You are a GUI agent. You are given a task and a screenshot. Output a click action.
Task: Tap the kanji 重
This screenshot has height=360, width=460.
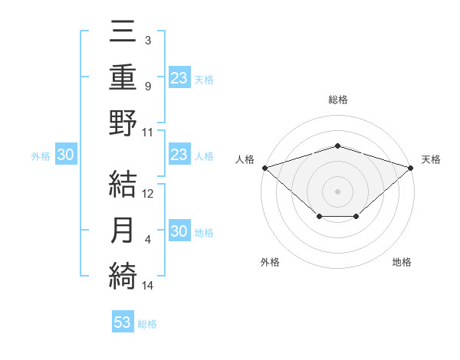tap(123, 78)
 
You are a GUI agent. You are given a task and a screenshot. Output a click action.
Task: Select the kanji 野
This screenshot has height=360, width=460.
tap(123, 123)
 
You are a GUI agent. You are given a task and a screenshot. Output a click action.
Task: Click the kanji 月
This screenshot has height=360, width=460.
tap(123, 231)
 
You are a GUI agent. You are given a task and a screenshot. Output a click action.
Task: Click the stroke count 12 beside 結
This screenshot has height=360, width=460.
tap(149, 194)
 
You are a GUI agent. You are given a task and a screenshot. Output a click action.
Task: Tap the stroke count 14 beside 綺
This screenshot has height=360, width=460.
tap(149, 286)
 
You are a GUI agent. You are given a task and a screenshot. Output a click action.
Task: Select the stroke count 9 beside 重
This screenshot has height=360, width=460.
tap(147, 87)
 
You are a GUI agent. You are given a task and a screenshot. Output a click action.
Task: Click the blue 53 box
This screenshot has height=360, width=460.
tap(122, 322)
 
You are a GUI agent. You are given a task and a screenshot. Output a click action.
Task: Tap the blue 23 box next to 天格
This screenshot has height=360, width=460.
tap(179, 77)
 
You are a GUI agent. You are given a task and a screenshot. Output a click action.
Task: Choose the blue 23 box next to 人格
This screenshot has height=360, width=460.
tap(179, 155)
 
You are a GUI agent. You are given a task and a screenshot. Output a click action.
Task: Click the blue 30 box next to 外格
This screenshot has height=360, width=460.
tap(66, 155)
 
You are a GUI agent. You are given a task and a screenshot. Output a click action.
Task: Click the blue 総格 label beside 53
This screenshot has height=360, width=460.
tap(147, 324)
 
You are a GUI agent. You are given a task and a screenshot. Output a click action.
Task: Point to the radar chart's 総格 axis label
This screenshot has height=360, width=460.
tap(337, 100)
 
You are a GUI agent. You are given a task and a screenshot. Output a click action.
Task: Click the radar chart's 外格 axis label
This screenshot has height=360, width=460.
tap(270, 262)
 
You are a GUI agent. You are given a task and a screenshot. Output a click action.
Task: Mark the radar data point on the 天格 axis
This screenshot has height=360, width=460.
tap(411, 167)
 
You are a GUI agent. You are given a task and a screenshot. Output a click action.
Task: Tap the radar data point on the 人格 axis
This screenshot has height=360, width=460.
tap(264, 167)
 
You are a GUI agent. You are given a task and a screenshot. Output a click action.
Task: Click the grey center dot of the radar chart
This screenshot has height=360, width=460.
tap(337, 191)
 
